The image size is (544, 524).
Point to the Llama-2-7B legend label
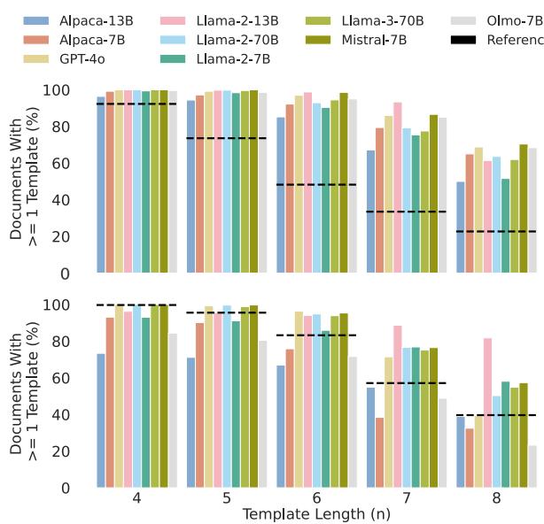[x=236, y=59]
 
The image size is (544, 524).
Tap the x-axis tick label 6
[x=317, y=498]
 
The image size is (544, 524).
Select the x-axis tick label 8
[x=496, y=498]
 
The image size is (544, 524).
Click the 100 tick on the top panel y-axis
[x=71, y=91]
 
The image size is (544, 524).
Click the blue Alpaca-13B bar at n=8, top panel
[x=461, y=227]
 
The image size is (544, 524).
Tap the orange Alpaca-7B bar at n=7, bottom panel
[x=380, y=452]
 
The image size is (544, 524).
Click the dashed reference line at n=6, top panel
[x=316, y=185]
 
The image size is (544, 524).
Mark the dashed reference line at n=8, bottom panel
[x=496, y=415]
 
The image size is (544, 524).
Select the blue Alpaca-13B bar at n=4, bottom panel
[x=101, y=420]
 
